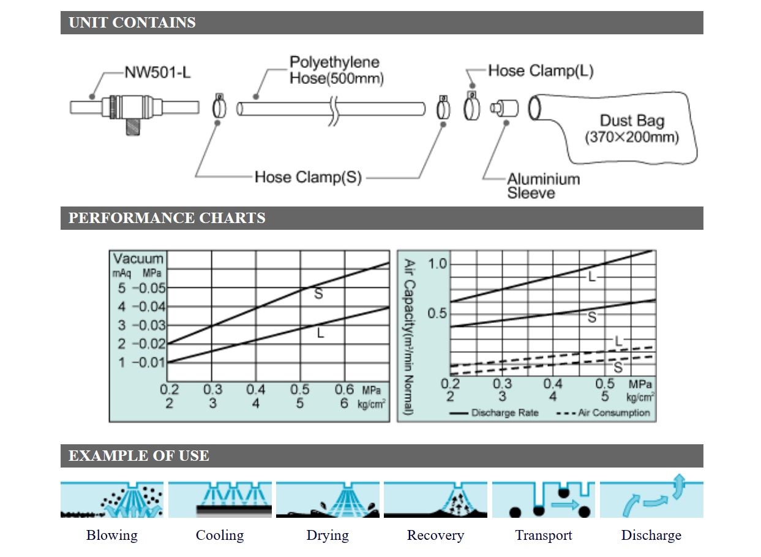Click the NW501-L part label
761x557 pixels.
tap(157, 72)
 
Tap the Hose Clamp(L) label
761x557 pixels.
tap(541, 71)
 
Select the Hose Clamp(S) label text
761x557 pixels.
tap(308, 178)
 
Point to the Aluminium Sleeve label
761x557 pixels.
tap(543, 186)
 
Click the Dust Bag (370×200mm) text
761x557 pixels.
tap(632, 129)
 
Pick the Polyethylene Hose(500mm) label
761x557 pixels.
tap(335, 70)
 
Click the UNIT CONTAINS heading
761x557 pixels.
tap(132, 23)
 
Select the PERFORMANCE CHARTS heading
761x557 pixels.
tap(167, 218)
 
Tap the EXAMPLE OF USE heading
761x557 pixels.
tap(138, 456)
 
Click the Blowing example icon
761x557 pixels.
tap(112, 499)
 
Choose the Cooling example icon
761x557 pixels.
tap(220, 499)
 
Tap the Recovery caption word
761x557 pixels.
tap(435, 536)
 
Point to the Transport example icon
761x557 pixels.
tap(543, 499)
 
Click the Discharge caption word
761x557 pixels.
tap(651, 536)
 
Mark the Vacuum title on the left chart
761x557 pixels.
tap(138, 259)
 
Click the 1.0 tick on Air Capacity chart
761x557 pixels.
tap(438, 264)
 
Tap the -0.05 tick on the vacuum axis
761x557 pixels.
tap(149, 288)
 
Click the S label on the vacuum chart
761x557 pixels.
tap(318, 294)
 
